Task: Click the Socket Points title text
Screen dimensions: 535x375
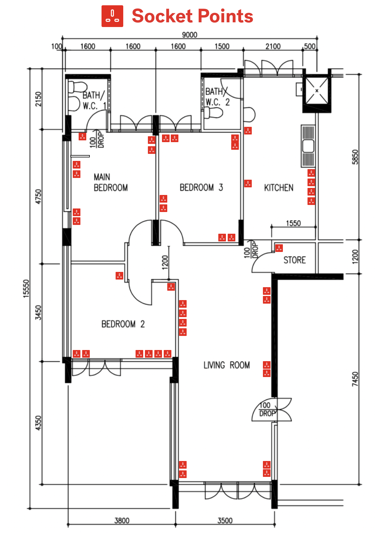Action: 192,16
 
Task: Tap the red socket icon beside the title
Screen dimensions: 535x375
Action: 112,16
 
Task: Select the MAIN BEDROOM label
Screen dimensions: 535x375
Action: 111,182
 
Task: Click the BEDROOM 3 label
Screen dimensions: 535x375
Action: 201,187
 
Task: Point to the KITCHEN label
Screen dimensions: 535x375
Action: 278,188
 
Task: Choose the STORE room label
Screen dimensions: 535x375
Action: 294,260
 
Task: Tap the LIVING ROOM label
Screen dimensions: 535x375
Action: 227,365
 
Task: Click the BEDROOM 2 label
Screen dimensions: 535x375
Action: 123,324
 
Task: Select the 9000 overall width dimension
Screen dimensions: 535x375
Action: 190,35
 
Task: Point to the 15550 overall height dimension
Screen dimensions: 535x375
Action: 26,288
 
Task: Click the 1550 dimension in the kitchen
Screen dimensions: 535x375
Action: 293,223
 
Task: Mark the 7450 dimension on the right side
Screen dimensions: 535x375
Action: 355,379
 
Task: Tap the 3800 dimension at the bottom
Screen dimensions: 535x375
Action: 122,520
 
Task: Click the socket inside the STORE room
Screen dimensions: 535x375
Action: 279,248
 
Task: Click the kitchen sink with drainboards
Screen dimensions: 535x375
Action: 308,146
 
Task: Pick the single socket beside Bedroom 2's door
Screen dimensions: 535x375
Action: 119,275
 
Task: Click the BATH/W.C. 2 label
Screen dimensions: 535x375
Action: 217,97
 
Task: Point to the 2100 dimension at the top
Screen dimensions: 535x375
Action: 273,46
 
